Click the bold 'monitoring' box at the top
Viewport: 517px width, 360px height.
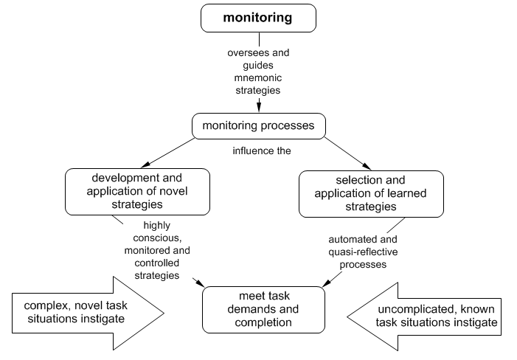point(258,18)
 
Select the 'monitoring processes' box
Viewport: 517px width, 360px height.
point(258,126)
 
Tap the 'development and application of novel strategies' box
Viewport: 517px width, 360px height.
point(136,191)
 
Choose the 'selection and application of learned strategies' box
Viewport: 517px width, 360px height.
point(371,193)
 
